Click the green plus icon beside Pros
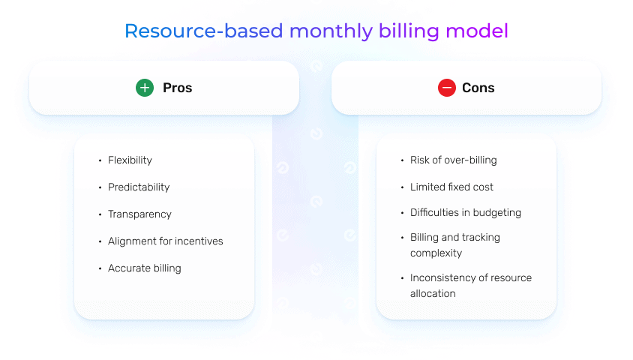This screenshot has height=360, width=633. coord(145,88)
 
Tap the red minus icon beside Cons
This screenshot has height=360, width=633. coord(447,88)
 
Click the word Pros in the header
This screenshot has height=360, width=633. coord(178,88)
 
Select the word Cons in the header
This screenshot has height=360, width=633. coord(478,88)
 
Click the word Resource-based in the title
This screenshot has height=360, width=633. coord(203,31)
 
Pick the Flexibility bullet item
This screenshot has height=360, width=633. coord(130,160)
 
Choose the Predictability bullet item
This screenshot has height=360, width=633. coord(139,187)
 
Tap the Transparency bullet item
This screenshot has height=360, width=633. coord(139,214)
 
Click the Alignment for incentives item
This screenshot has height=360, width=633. coord(165,241)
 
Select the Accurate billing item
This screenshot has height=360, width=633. coord(144,268)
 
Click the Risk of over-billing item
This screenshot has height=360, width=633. coord(453,160)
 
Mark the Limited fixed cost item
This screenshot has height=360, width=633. coord(451,187)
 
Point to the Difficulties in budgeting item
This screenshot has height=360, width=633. coord(465,213)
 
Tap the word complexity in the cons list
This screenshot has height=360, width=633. coord(436,253)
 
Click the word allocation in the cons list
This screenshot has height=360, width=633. coord(433,294)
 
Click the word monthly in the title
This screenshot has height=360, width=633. coord(331,31)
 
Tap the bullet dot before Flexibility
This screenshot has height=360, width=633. coord(100,160)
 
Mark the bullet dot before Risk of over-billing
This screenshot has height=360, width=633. coord(402,160)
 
